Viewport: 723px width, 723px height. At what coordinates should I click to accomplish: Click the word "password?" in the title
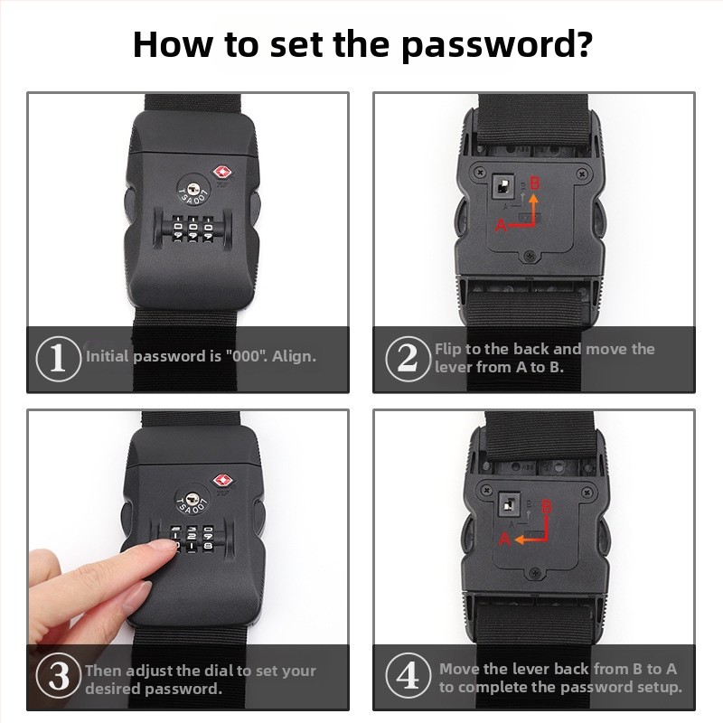(496, 45)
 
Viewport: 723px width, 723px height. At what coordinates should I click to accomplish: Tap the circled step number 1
(58, 358)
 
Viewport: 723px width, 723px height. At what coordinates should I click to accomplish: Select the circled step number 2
(408, 358)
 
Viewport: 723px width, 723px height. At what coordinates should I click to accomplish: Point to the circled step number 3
(58, 675)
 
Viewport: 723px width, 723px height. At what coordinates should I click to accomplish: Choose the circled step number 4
(408, 675)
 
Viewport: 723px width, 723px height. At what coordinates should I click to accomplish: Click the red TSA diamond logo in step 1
(221, 174)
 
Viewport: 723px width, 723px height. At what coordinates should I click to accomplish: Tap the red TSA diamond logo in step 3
(221, 481)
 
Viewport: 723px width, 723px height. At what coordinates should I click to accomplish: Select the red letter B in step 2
(535, 183)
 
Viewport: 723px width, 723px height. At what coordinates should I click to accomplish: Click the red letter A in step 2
(501, 225)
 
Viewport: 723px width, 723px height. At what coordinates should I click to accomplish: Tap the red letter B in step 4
(547, 506)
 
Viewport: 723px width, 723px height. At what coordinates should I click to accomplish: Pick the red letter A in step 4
(504, 539)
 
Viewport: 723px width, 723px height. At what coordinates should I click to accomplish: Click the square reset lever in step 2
(503, 186)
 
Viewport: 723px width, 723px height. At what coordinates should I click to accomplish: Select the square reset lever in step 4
(510, 504)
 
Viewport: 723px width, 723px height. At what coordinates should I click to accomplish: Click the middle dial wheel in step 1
(192, 227)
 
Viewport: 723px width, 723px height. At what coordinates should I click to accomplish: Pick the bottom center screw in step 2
(531, 255)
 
